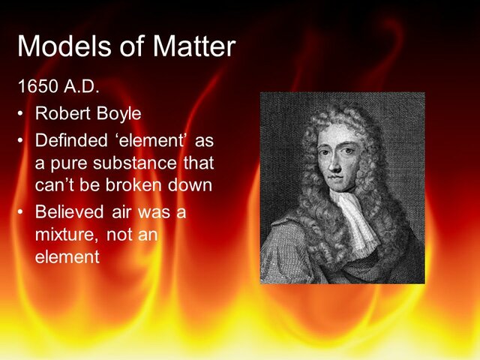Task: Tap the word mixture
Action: click(64, 235)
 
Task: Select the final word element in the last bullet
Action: click(67, 256)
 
